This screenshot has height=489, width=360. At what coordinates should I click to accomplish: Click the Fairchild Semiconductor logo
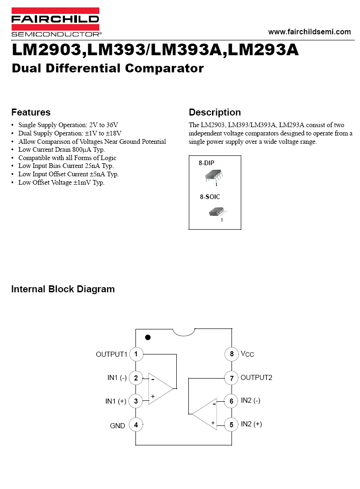(x=56, y=22)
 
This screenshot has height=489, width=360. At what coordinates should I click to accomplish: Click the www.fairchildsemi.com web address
(x=309, y=32)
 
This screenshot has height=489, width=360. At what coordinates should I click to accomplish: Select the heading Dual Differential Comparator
(x=108, y=68)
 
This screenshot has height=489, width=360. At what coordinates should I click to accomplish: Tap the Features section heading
(x=31, y=112)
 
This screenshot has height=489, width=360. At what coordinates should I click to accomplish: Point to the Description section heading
(x=215, y=112)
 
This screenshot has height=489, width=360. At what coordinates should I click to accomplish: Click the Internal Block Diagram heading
(x=63, y=289)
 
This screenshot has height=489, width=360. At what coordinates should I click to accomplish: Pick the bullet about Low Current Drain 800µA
(x=61, y=149)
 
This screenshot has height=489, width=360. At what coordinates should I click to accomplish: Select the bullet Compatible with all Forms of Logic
(x=67, y=158)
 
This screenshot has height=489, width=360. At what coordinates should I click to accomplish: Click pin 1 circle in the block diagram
(x=136, y=354)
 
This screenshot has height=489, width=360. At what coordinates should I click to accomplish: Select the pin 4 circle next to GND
(x=136, y=425)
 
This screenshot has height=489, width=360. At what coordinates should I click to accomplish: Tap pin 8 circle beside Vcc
(x=231, y=354)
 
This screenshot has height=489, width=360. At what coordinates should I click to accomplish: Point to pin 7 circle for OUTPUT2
(x=231, y=378)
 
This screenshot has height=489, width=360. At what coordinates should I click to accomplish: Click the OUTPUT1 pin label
(x=112, y=354)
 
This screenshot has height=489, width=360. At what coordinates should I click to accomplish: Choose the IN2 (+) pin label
(x=251, y=424)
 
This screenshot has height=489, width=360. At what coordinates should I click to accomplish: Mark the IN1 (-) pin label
(x=117, y=378)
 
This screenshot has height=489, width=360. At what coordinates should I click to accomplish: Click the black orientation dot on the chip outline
(x=148, y=337)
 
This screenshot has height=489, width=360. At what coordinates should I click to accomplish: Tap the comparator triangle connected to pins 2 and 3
(x=161, y=389)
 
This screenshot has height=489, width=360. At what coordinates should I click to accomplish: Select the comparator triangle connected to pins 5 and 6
(x=205, y=414)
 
